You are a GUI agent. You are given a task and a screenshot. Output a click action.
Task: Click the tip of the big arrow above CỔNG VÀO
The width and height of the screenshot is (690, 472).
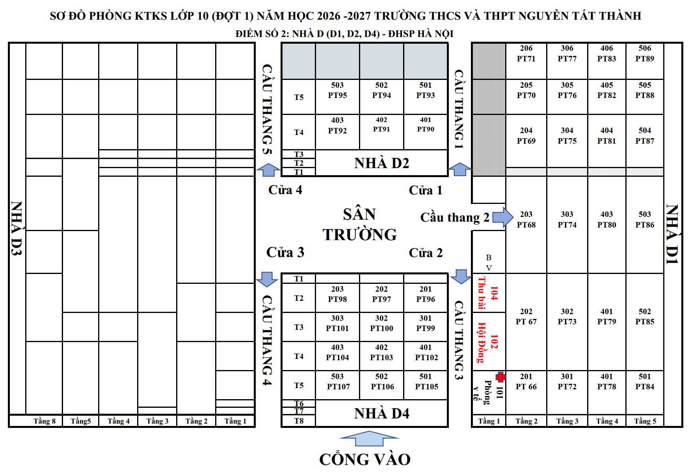click(x=369, y=431)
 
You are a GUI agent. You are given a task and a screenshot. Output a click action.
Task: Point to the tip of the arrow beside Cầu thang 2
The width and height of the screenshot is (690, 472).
click(x=513, y=217)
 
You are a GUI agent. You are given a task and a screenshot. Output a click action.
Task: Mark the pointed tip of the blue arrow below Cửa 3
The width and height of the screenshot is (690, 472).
click(x=267, y=287)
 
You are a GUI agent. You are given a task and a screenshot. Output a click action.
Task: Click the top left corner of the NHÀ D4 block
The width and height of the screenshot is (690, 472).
click(x=281, y=273)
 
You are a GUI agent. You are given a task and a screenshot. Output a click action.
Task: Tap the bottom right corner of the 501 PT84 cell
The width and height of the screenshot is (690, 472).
click(x=664, y=415)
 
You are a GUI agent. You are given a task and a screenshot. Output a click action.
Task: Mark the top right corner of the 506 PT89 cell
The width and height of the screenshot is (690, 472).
click(x=664, y=43)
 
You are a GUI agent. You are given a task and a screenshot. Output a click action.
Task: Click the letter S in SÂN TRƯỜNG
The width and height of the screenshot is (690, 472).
click(x=348, y=215)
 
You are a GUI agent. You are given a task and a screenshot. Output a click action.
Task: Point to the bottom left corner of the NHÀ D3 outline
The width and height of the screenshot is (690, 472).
click(x=9, y=427)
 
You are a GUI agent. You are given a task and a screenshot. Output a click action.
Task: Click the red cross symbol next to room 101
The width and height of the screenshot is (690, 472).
click(x=500, y=377)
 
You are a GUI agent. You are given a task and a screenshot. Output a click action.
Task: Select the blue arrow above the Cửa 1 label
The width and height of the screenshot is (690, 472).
click(x=460, y=170)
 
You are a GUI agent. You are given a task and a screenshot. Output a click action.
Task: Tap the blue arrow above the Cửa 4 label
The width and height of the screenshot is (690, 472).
click(x=268, y=170)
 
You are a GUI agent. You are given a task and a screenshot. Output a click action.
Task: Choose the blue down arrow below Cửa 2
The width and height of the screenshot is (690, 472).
click(x=461, y=277)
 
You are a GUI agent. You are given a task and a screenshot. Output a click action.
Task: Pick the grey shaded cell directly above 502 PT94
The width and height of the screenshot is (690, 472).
click(x=381, y=61)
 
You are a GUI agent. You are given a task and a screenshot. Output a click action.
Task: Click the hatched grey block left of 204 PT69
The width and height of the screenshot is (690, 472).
click(x=489, y=141)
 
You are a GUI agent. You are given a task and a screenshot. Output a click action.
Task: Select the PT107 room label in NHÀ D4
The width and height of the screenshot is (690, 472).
click(x=338, y=387)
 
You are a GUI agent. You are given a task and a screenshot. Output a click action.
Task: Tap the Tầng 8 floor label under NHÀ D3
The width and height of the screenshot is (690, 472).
click(x=45, y=421)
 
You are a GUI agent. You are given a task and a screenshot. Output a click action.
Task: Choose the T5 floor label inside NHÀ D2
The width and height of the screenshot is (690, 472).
click(x=299, y=97)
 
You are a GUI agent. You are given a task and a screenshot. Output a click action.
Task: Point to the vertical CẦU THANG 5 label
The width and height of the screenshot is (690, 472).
click(x=268, y=109)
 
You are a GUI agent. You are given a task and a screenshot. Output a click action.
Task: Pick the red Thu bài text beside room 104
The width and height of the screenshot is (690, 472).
click(x=482, y=293)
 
